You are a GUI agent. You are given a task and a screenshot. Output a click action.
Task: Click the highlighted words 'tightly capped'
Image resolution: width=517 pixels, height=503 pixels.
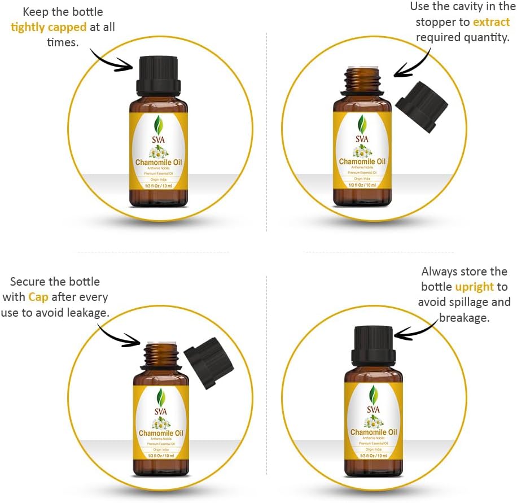(49, 27)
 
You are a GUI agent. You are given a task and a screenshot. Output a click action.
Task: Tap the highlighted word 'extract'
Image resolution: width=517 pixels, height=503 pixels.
(492, 22)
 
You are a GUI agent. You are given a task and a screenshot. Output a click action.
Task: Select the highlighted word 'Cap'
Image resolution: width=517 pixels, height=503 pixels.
(38, 296)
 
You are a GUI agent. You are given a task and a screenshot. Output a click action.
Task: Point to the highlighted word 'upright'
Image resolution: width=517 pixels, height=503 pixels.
(475, 287)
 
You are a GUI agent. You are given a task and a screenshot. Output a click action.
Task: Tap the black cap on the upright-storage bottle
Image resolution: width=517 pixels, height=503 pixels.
(373, 344)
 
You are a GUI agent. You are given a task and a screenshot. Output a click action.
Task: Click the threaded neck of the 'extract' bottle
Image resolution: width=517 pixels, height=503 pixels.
(362, 79)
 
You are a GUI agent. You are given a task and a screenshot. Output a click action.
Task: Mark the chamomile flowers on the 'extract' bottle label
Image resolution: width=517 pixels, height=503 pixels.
(362, 151)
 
